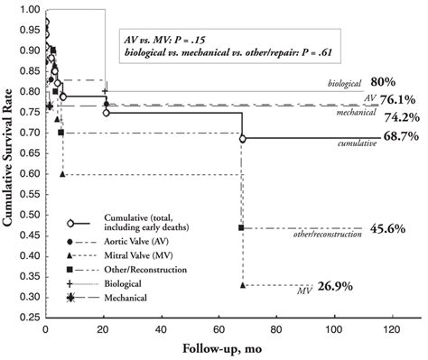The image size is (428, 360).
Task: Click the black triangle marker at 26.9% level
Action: pos(242,284)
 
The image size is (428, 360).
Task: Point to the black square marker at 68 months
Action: pos(241,227)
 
